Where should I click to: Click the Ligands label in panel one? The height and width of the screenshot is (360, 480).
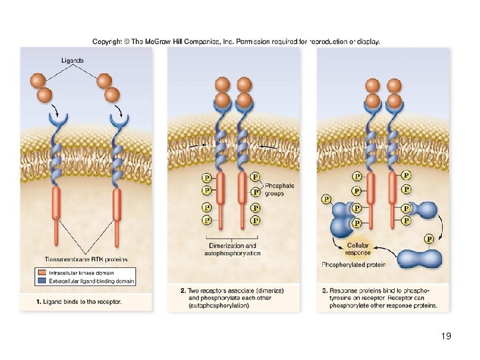73,60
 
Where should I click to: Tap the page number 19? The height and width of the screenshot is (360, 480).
446,336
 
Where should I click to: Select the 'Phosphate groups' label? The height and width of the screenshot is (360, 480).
279,189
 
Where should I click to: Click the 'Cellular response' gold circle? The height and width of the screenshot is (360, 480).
358,249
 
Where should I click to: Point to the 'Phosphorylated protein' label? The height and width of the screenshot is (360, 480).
353,265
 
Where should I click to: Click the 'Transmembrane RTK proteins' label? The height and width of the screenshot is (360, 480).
85,259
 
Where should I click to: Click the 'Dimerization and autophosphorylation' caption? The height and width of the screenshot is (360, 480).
232,249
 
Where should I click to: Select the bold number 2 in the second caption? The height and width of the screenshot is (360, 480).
183,291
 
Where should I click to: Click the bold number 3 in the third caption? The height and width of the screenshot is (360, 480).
325,291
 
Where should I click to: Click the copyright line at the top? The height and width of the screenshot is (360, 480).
236,41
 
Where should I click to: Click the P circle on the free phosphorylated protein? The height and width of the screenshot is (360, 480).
429,239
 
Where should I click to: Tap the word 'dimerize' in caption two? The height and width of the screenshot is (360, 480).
267,291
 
